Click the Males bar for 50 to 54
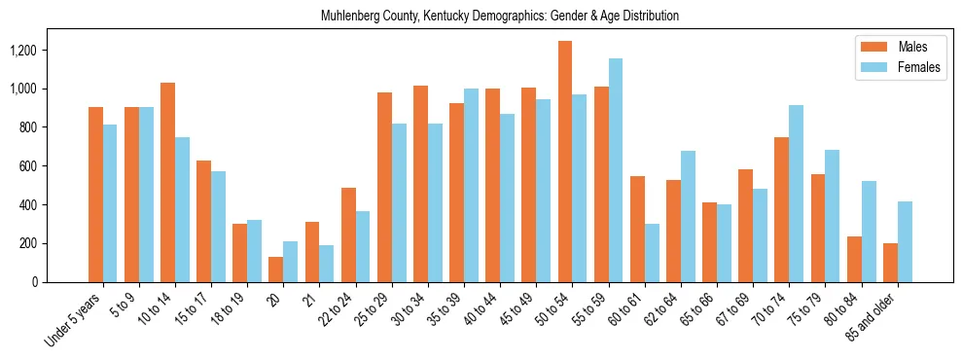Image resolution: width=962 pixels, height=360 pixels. coord(565,162)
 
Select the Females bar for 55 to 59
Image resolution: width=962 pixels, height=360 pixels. coord(616,170)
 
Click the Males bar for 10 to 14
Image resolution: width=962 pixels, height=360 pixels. coord(168,183)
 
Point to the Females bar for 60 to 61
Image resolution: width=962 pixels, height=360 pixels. coord(652,253)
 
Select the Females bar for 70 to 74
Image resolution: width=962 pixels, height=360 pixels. coord(797,194)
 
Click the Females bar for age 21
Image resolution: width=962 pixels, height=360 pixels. coord(327,264)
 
